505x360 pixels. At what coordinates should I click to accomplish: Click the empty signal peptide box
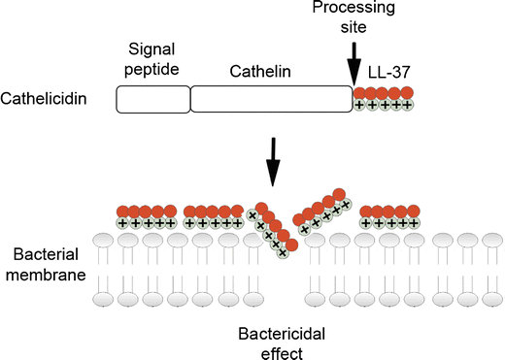tap(152, 99)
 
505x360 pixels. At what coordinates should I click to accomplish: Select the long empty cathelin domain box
tap(271, 99)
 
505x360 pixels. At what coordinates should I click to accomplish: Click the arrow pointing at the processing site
tap(355, 61)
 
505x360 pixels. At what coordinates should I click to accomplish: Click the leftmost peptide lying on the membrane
tap(145, 216)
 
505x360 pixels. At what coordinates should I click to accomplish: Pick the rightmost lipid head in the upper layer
tap(490, 240)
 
